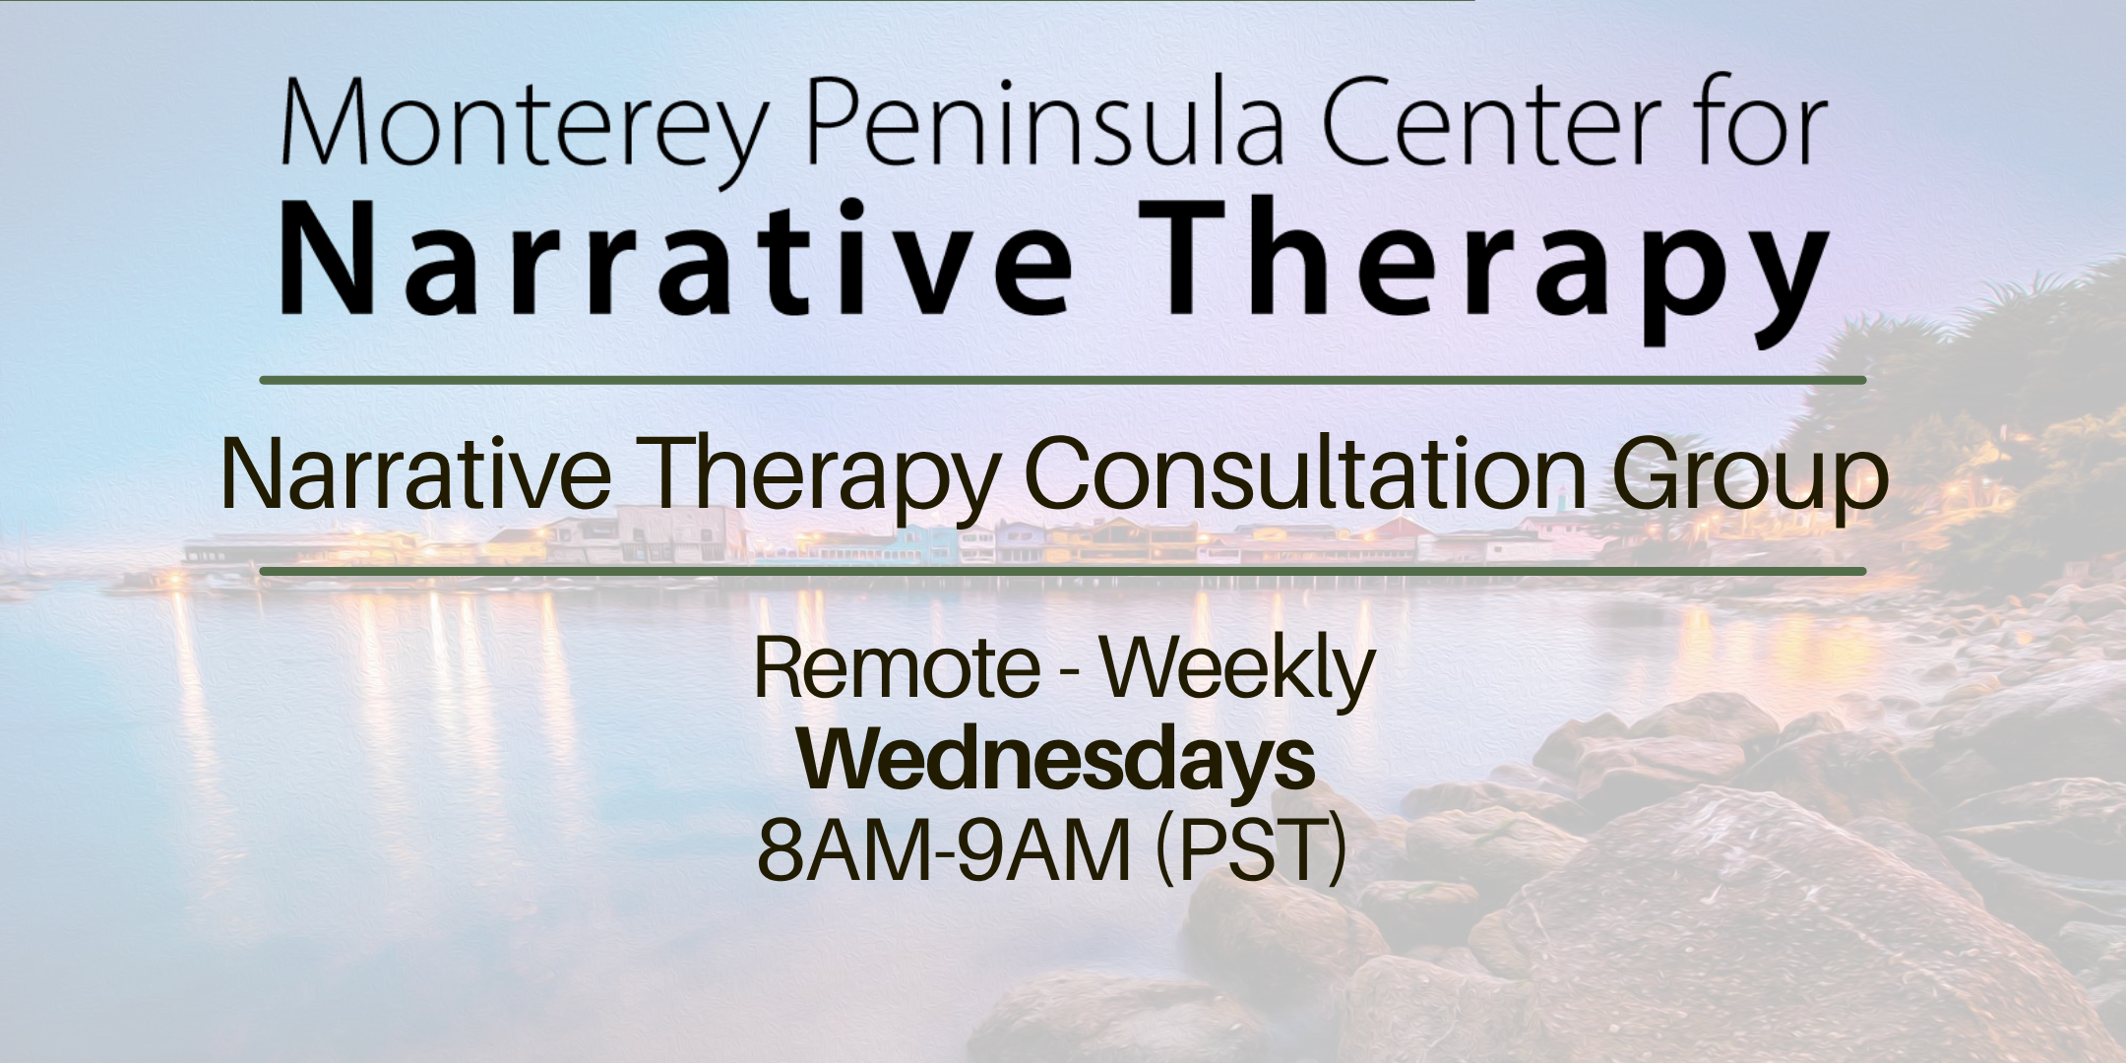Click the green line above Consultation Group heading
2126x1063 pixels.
click(1063, 380)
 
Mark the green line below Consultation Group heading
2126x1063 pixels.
click(1063, 571)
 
